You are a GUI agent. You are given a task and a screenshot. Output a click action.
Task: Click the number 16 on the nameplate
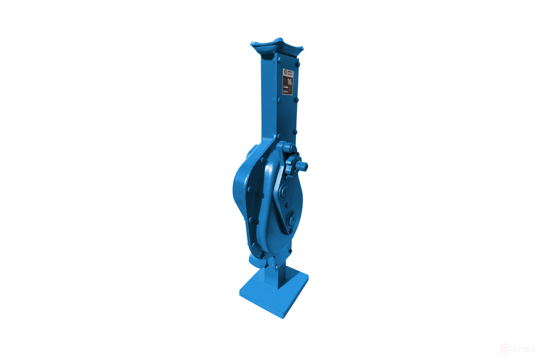pyautogui.click(x=290, y=82)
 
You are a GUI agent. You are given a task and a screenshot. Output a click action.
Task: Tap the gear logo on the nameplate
pyautogui.click(x=285, y=72)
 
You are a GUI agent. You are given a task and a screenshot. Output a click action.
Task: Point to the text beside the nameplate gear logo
pyautogui.click(x=290, y=72)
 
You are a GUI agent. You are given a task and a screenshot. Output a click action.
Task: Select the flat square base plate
pyautogui.click(x=274, y=292)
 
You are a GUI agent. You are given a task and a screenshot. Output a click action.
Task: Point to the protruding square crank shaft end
pyautogui.click(x=304, y=166)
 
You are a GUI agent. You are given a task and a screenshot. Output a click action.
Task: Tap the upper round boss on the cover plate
pyautogui.click(x=283, y=193)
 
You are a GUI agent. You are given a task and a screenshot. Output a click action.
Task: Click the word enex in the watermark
pyautogui.click(x=524, y=349)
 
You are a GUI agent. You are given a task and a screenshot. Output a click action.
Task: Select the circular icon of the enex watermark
pyautogui.click(x=505, y=349)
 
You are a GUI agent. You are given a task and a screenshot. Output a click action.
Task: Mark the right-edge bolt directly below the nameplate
pyautogui.click(x=296, y=99)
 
